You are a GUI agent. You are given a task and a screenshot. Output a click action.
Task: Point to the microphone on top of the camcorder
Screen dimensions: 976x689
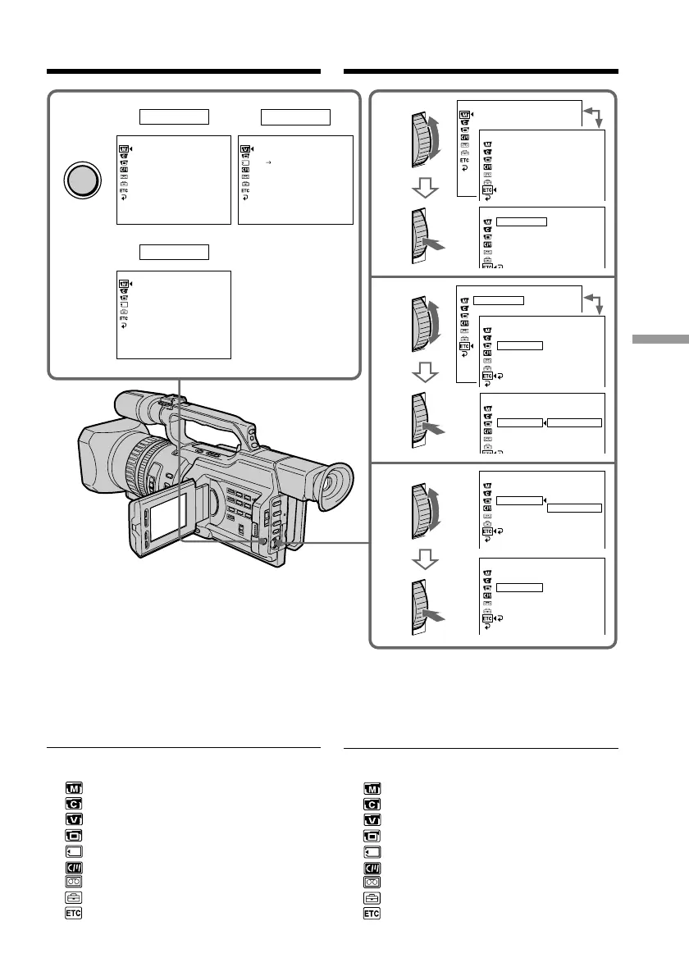pyautogui.click(x=140, y=404)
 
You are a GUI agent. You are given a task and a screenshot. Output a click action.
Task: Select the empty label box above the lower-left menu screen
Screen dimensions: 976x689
pyautogui.click(x=174, y=251)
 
